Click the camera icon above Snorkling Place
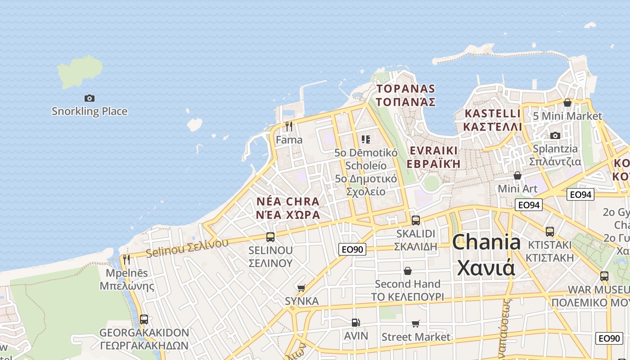90,98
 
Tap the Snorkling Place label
90,111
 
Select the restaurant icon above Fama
289,126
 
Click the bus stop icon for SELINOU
270,237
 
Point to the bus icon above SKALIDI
416,220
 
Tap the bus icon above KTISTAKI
550,231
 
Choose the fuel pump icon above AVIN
355,322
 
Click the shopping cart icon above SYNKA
301,288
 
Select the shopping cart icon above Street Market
416,324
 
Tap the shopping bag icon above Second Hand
408,270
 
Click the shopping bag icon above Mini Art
517,175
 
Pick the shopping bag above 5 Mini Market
567,103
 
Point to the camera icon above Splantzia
555,135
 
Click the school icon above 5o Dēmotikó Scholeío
365,139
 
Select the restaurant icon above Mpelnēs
126,259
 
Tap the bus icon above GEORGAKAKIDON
144,319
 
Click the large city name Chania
486,243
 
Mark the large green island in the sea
80,72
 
